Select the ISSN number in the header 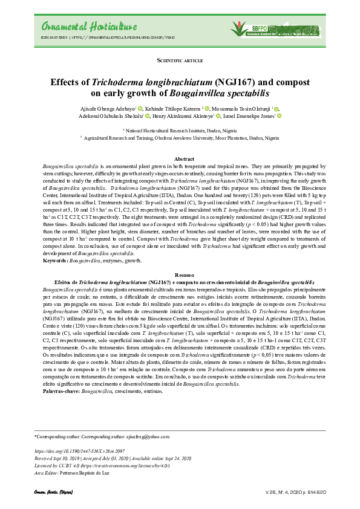pyautogui.click(x=54, y=37)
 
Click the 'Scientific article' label pyautogui.click(x=180, y=61)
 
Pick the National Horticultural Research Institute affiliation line pyautogui.click(x=181, y=131)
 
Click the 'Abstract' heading pyautogui.click(x=180, y=158)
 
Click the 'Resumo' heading pyautogui.click(x=180, y=275)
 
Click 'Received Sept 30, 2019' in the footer pyautogui.click(x=61, y=458)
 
